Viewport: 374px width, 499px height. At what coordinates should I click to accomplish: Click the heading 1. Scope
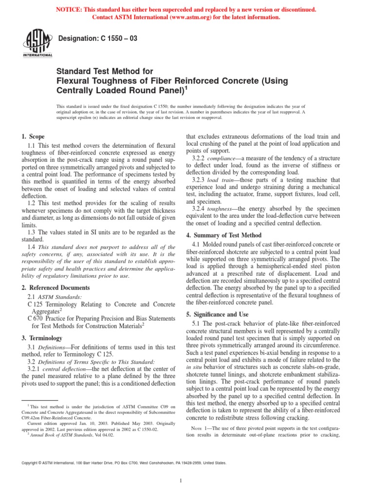click(33, 137)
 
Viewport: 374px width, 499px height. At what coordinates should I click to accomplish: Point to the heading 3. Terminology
click(41, 338)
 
